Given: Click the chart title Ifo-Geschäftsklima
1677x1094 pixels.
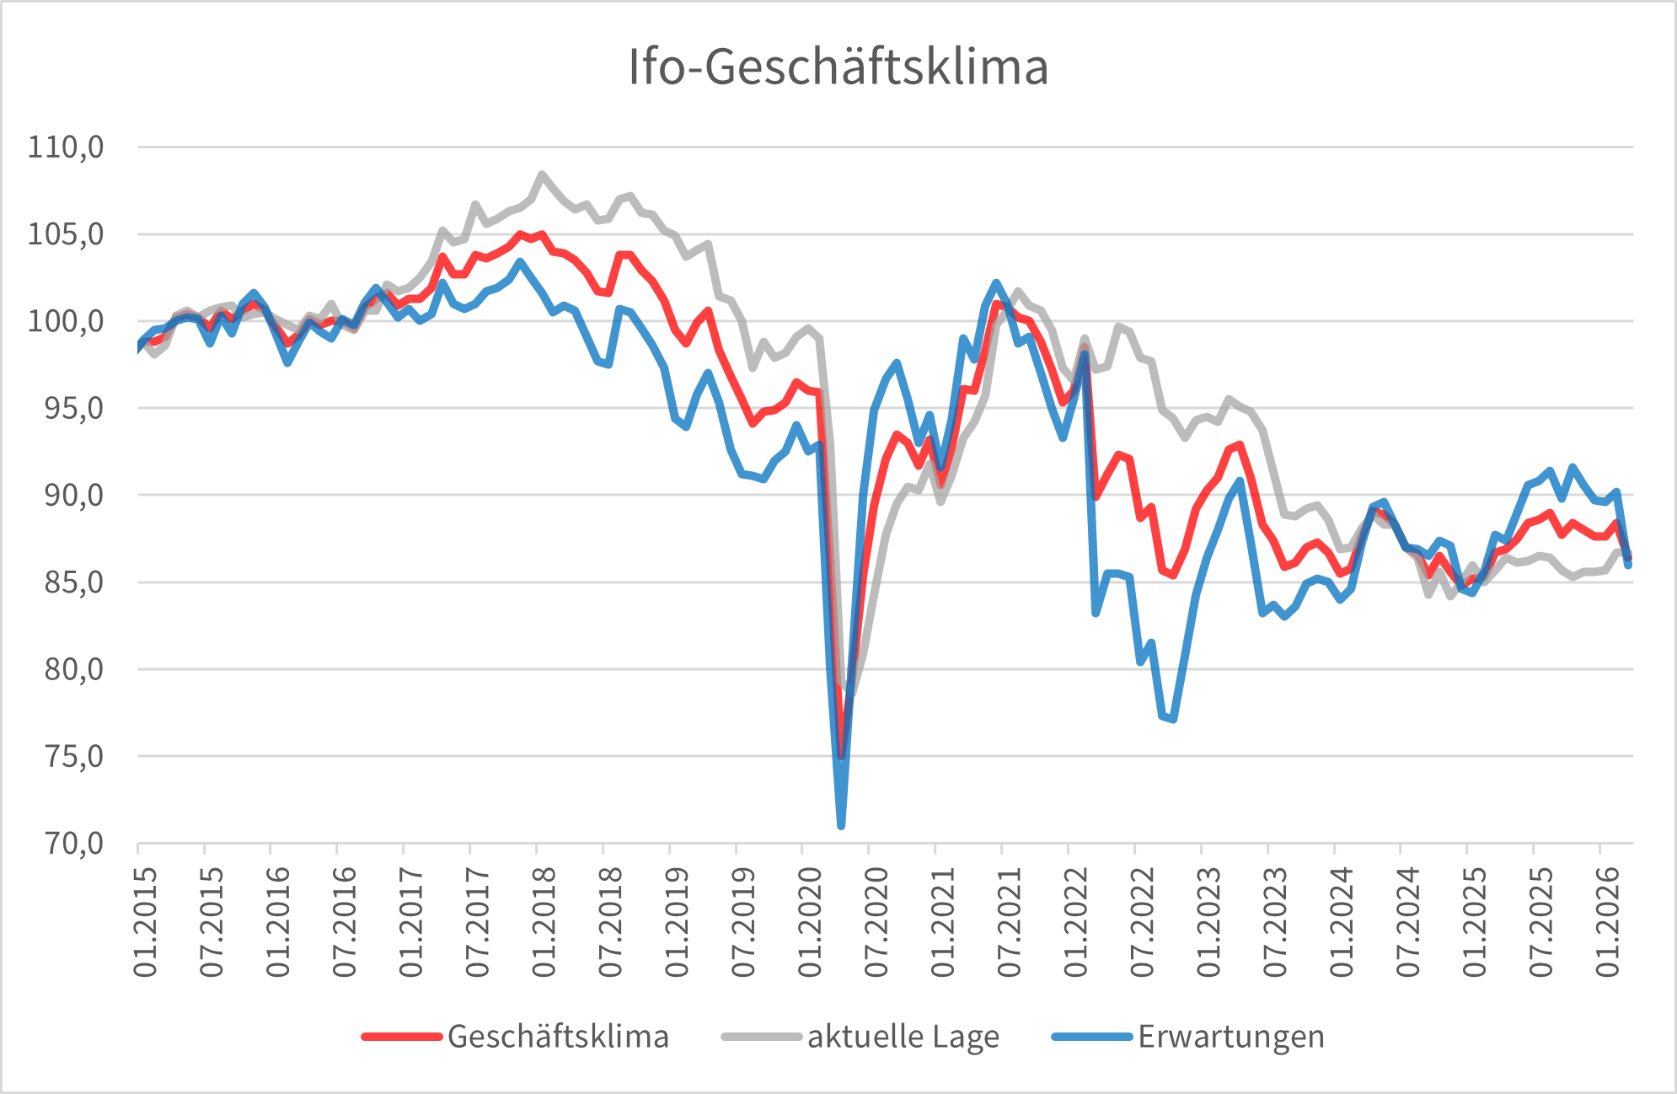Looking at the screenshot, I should [x=838, y=67].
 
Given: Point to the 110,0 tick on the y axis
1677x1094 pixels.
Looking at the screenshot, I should [x=66, y=147].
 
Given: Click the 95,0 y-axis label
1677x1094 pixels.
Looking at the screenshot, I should [x=66, y=408].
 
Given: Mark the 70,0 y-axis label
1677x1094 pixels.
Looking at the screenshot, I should [x=66, y=843].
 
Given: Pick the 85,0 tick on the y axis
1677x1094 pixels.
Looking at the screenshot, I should [x=66, y=582].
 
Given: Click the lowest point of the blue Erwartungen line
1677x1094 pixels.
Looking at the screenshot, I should [x=841, y=825].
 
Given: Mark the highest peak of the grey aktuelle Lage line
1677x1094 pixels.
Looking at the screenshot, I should [x=541, y=174].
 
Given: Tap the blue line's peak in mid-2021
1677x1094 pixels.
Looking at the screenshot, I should [x=996, y=283].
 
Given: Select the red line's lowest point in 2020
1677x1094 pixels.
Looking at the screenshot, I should [x=841, y=756].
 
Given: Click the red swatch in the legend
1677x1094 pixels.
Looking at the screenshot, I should [x=401, y=1037].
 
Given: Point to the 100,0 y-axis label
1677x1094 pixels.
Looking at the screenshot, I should [x=66, y=321].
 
